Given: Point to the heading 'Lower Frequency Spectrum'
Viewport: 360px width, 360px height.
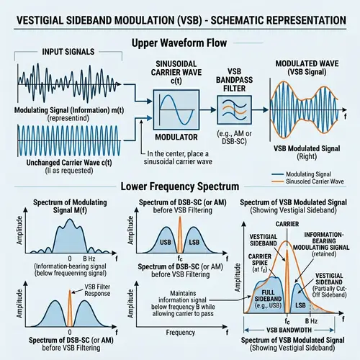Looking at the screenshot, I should coord(180,184).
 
